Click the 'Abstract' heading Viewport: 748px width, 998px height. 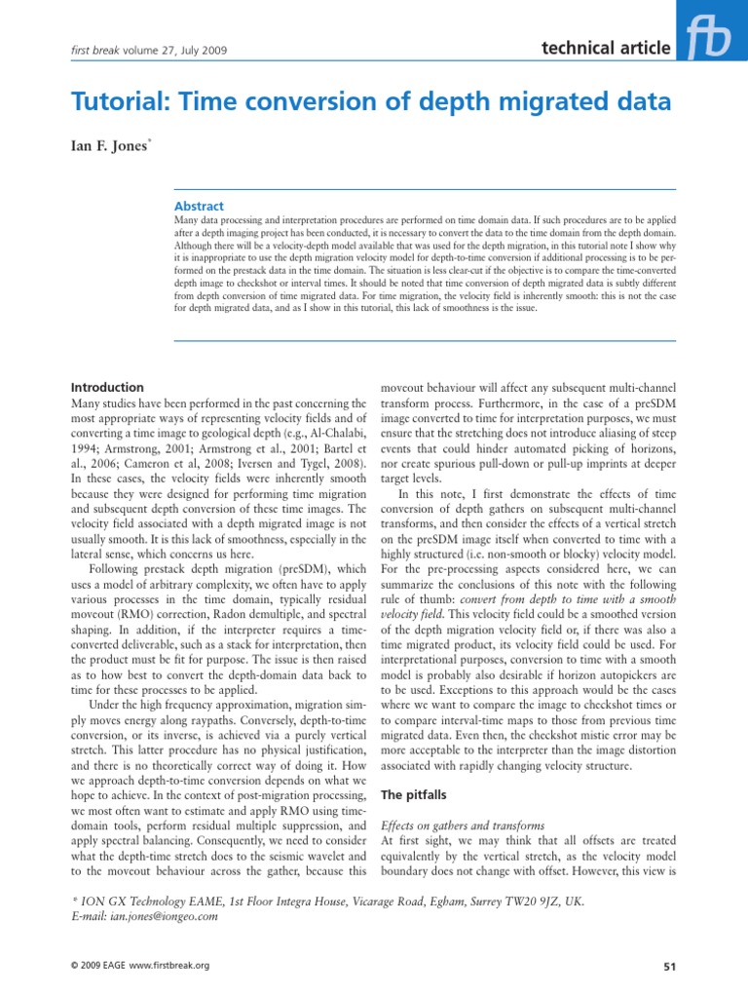click(x=198, y=206)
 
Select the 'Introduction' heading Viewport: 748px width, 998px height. click(x=109, y=387)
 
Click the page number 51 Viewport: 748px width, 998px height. click(x=666, y=966)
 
